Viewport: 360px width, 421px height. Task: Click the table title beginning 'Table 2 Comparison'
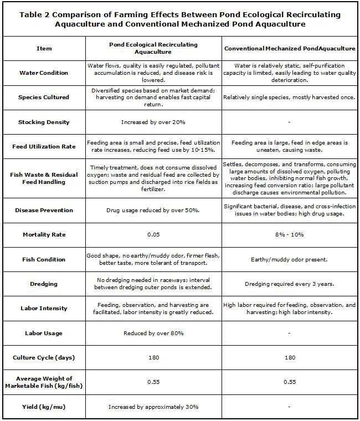pyautogui.click(x=180, y=20)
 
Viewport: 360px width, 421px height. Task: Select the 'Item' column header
pyautogui.click(x=44, y=48)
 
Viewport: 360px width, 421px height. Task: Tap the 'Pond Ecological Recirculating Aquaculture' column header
pyautogui.click(x=152, y=48)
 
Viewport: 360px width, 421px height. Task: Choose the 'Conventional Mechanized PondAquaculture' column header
pyautogui.click(x=290, y=49)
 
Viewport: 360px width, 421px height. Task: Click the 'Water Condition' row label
pyautogui.click(x=44, y=73)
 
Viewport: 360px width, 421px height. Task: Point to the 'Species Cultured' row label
pyautogui.click(x=44, y=97)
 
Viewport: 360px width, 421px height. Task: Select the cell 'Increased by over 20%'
pyautogui.click(x=152, y=122)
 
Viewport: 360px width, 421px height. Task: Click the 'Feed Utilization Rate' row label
pyautogui.click(x=44, y=147)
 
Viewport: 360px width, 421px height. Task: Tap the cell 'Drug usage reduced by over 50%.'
pyautogui.click(x=152, y=210)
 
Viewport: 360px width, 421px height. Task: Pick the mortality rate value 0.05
pyautogui.click(x=152, y=234)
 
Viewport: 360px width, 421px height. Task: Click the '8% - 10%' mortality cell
pyautogui.click(x=290, y=234)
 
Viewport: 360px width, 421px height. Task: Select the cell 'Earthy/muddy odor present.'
pyautogui.click(x=290, y=259)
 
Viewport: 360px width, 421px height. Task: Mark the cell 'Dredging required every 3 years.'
pyautogui.click(x=290, y=284)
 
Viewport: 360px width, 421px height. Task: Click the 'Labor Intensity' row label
pyautogui.click(x=44, y=309)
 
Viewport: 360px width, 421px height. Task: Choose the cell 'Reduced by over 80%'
pyautogui.click(x=152, y=333)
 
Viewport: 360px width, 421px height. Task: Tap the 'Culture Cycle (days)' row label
pyautogui.click(x=44, y=357)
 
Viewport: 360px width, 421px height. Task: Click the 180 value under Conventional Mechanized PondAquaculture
pyautogui.click(x=290, y=357)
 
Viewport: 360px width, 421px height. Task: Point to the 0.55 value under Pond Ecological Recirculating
pyautogui.click(x=152, y=382)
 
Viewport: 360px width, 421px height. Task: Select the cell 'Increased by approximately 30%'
pyautogui.click(x=152, y=407)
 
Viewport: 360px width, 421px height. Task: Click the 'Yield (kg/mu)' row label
pyautogui.click(x=44, y=407)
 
